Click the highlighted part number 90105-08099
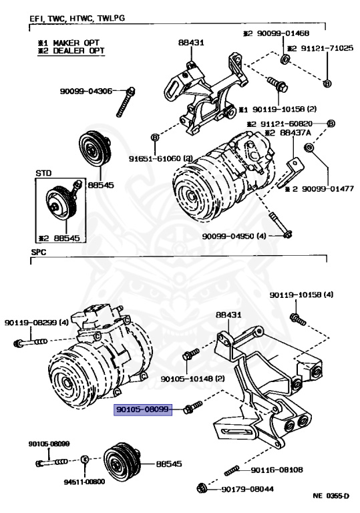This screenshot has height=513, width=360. pyautogui.click(x=143, y=409)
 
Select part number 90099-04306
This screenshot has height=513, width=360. pyautogui.click(x=86, y=92)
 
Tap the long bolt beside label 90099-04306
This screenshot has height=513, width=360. pyautogui.click(x=126, y=102)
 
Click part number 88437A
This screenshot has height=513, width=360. pyautogui.click(x=295, y=133)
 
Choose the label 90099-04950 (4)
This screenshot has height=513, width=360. pyautogui.click(x=234, y=236)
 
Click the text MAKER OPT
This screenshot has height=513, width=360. pyautogui.click(x=76, y=43)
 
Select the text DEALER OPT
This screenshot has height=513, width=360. pyautogui.click(x=79, y=51)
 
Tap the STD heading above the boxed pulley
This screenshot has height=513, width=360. pyautogui.click(x=43, y=173)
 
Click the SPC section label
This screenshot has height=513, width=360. pyautogui.click(x=39, y=252)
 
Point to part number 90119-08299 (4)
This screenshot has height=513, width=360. pyautogui.click(x=37, y=323)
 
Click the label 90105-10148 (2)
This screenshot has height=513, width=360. pyautogui.click(x=193, y=379)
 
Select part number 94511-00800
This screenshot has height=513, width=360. pyautogui.click(x=84, y=482)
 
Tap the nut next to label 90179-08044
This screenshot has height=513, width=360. pyautogui.click(x=202, y=488)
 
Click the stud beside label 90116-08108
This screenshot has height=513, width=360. pyautogui.click(x=232, y=471)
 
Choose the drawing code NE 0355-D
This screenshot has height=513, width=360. pyautogui.click(x=331, y=496)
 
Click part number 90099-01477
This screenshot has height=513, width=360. pyautogui.click(x=327, y=189)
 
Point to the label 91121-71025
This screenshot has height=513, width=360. pyautogui.click(x=327, y=48)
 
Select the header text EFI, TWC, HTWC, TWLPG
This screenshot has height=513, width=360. pyautogui.click(x=77, y=18)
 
